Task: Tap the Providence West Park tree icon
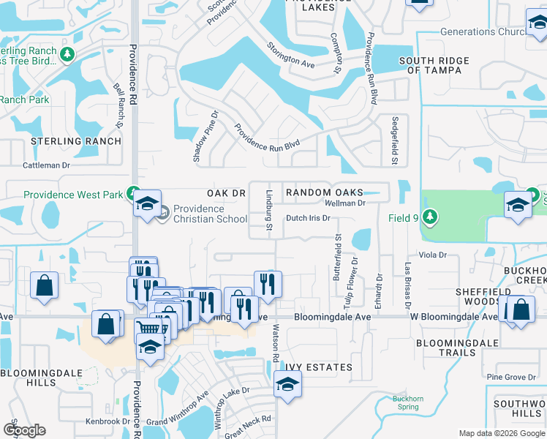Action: (x=132, y=194)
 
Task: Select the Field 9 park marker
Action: (x=431, y=217)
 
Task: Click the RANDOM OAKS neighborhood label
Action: (x=324, y=192)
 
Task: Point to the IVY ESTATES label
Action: (x=319, y=367)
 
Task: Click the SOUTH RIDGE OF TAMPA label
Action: (x=434, y=66)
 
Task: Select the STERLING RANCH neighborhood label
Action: (x=76, y=140)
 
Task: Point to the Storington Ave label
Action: (x=290, y=56)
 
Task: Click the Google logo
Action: (x=24, y=430)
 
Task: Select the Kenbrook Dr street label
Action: (x=107, y=421)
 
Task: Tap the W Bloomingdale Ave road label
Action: (x=449, y=317)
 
